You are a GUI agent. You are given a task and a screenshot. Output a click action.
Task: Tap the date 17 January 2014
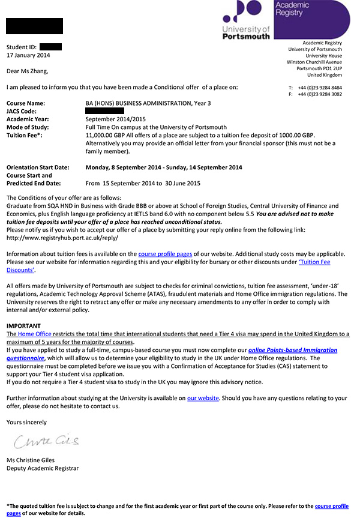pos(28,55)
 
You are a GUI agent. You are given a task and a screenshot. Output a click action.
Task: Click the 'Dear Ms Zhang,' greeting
pos(27,71)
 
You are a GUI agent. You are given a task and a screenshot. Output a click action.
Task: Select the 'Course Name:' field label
pos(26,103)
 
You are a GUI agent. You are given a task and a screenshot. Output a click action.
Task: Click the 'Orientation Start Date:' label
pos(38,167)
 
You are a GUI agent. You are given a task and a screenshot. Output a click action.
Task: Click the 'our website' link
pos(203,398)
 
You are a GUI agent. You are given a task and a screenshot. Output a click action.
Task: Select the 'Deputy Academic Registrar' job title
pos(43,468)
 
